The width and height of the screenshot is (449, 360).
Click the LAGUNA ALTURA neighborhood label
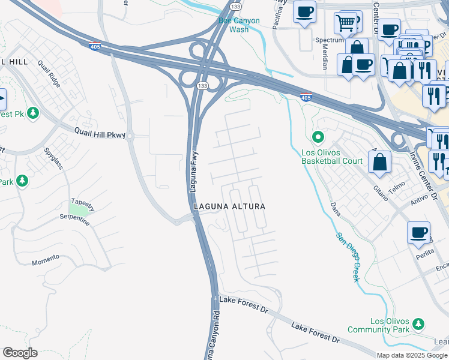point(229,206)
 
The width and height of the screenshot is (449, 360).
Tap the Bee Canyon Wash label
point(239,25)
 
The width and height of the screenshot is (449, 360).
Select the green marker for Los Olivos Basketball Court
point(319,137)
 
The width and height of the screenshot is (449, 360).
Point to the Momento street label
point(46,259)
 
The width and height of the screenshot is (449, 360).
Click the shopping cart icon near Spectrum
point(345,23)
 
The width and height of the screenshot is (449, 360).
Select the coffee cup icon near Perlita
point(418,232)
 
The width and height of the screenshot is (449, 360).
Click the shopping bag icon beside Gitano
point(379,161)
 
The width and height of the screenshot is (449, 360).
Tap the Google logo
point(20,353)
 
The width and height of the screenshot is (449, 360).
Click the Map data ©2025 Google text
point(412,355)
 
